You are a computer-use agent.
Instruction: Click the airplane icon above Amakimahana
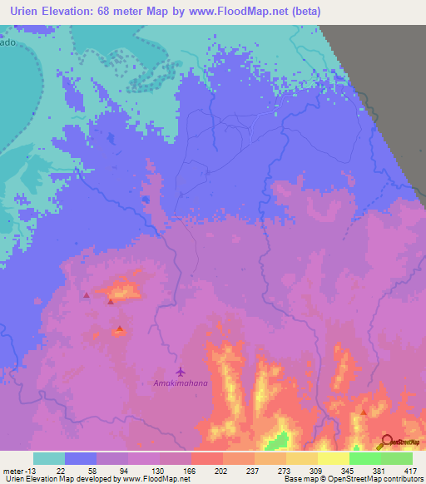coord(181,372)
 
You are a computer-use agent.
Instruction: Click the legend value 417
coord(411,470)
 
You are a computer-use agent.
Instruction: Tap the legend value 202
coord(221,470)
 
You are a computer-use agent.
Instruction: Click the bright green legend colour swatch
coord(364,458)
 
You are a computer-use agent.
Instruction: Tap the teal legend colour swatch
coord(49,458)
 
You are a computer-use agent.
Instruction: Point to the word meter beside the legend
coord(13,470)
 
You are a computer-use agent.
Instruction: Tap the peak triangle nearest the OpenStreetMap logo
coord(364,412)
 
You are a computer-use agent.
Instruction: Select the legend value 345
coord(348,470)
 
